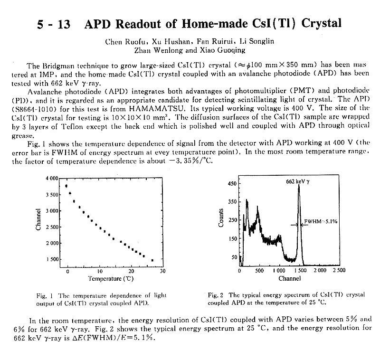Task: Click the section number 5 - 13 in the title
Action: coord(54,24)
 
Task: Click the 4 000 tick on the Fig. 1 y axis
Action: coord(51,178)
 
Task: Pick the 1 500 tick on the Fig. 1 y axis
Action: coord(51,259)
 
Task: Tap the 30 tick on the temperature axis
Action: coord(162,271)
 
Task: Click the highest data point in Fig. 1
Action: coord(66,186)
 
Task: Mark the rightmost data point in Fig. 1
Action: coord(152,260)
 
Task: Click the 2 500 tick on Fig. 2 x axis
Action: coord(339,269)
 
